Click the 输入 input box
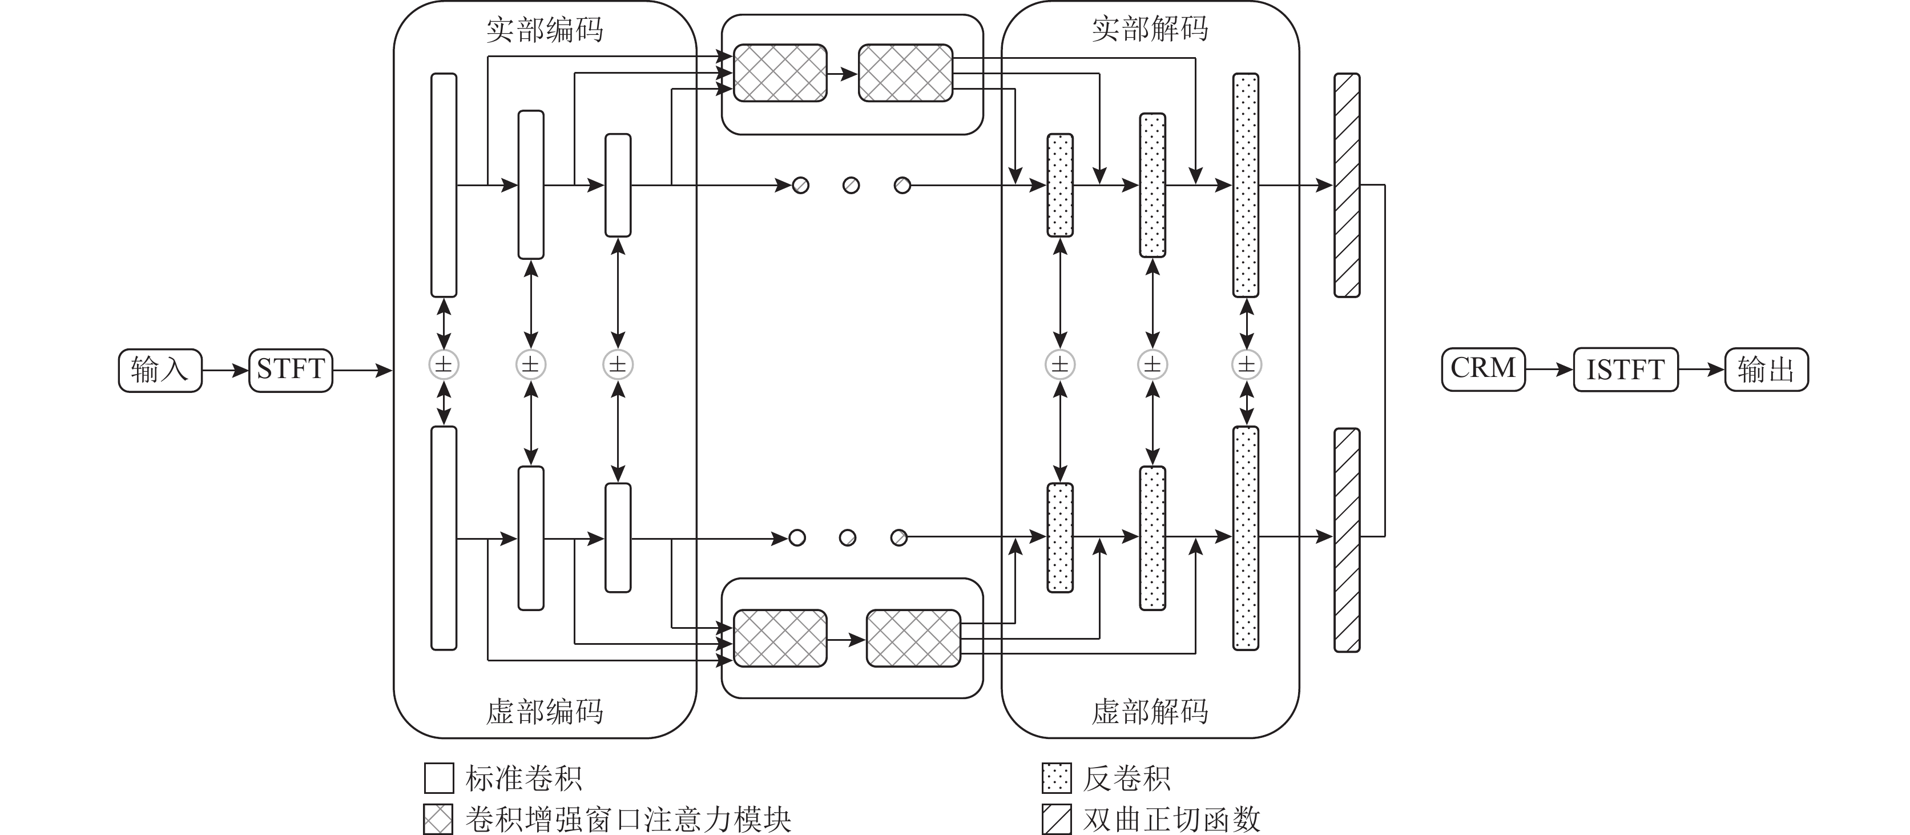[x=159, y=370]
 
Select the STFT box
[x=291, y=370]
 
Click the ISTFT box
[x=1625, y=370]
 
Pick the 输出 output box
[x=1766, y=370]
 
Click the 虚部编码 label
[x=545, y=712]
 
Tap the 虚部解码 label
[x=1150, y=712]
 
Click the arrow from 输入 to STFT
[x=225, y=370]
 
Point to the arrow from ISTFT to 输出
[x=1701, y=370]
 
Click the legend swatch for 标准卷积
[x=439, y=778]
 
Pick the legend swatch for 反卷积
[x=1056, y=778]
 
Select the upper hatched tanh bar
[x=1347, y=186]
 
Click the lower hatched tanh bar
[x=1347, y=540]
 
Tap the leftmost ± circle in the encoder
[x=444, y=365]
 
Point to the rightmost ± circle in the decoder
[x=1246, y=365]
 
